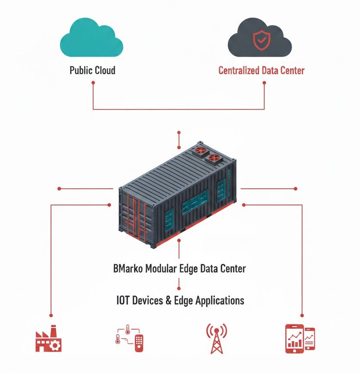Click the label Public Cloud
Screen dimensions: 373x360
pos(92,70)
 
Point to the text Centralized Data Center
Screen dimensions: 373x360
pos(261,70)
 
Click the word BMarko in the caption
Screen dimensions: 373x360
pos(128,269)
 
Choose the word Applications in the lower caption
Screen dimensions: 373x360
pos(220,300)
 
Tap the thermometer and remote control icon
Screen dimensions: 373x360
pos(129,339)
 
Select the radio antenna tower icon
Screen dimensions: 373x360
pos(217,338)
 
